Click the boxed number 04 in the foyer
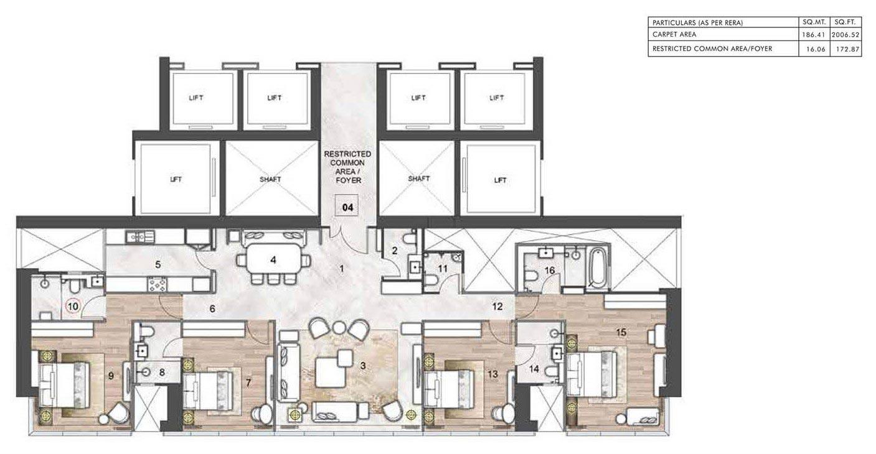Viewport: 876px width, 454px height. pos(347,208)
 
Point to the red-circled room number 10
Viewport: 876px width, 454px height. pos(73,306)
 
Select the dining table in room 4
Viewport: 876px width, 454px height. pos(272,261)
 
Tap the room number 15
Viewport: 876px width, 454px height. pos(620,333)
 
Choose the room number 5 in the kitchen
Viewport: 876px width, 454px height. pos(158,264)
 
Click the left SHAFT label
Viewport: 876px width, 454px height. pos(270,179)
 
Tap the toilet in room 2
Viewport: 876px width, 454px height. pos(409,238)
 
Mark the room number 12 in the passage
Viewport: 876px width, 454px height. pos(497,306)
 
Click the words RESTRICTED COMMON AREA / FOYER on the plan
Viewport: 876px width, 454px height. pos(347,167)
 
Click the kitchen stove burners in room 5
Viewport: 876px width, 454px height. pos(157,285)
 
